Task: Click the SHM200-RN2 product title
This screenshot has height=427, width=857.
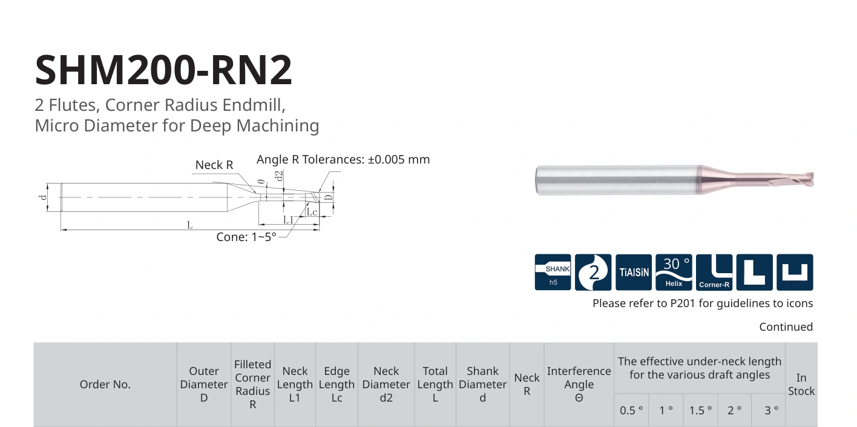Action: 164,70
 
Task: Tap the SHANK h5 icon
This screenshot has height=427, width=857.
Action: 553,272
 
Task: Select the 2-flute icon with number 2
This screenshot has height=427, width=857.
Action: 593,272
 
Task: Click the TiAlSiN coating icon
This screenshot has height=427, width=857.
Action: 634,272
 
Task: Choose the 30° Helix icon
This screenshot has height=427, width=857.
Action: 674,272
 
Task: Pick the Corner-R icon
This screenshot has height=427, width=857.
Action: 714,272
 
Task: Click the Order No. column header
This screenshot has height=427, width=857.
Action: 105,384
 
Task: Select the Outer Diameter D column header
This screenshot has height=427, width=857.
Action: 204,384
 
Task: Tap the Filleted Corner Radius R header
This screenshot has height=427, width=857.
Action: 252,384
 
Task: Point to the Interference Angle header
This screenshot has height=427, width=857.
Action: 579,384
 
